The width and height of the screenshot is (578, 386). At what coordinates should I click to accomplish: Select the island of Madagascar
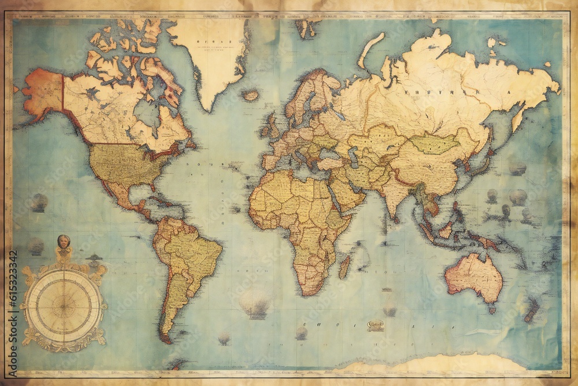tap(344, 266)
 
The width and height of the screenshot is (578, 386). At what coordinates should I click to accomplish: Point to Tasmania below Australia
tap(492, 310)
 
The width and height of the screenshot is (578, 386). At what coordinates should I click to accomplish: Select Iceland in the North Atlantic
tap(251, 95)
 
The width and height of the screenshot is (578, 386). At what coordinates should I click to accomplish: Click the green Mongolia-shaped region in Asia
tap(435, 144)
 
